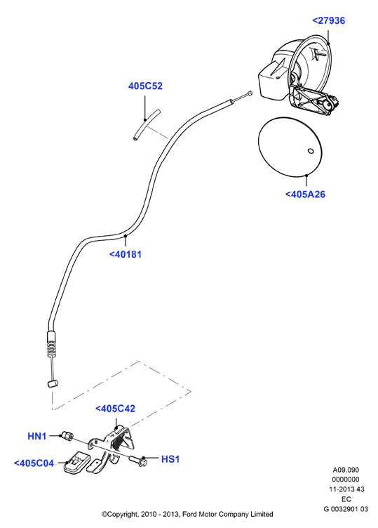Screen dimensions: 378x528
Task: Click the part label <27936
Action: tap(329, 20)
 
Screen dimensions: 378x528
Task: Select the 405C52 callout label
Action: tap(145, 86)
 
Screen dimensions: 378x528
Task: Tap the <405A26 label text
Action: tap(305, 194)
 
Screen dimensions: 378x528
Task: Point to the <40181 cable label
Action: tap(126, 254)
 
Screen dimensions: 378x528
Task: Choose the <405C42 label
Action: tap(115, 409)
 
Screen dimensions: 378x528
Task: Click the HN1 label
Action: tap(37, 436)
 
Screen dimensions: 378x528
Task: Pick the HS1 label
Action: tap(170, 459)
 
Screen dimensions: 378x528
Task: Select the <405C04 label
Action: tap(34, 463)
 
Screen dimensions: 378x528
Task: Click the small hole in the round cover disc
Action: tap(311, 151)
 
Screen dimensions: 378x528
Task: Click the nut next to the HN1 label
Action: tap(67, 436)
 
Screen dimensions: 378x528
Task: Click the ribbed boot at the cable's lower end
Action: tap(50, 344)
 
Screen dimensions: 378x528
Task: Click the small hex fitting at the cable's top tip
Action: tap(249, 93)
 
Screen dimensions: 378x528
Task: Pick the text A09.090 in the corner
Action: tap(346, 470)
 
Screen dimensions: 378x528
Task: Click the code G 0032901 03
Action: tap(346, 509)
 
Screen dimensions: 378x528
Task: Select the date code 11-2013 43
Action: tap(346, 489)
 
